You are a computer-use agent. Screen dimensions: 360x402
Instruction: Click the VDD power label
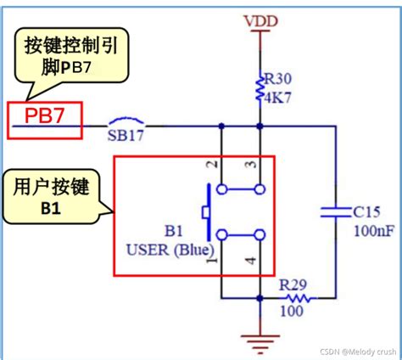pos(260,19)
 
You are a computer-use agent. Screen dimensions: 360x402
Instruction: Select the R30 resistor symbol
pos(259,86)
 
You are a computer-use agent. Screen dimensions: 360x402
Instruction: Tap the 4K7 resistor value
pos(277,96)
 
